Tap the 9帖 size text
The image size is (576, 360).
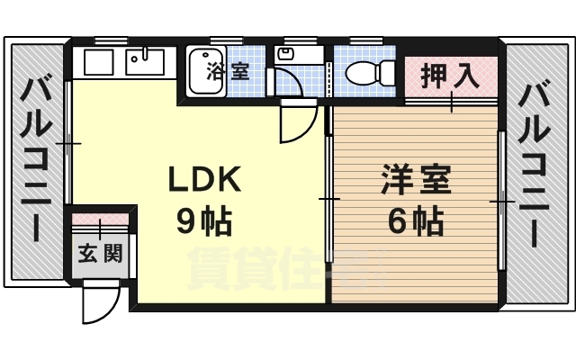(204, 220)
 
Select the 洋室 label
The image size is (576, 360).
(415, 180)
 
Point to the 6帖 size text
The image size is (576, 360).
(415, 220)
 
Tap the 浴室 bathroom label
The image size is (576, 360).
(228, 71)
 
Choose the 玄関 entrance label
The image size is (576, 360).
(100, 253)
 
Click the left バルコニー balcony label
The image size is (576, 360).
(37, 162)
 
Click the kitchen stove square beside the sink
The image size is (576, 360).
(98, 63)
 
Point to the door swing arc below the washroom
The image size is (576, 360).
(297, 124)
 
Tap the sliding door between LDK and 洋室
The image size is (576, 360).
(328, 198)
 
